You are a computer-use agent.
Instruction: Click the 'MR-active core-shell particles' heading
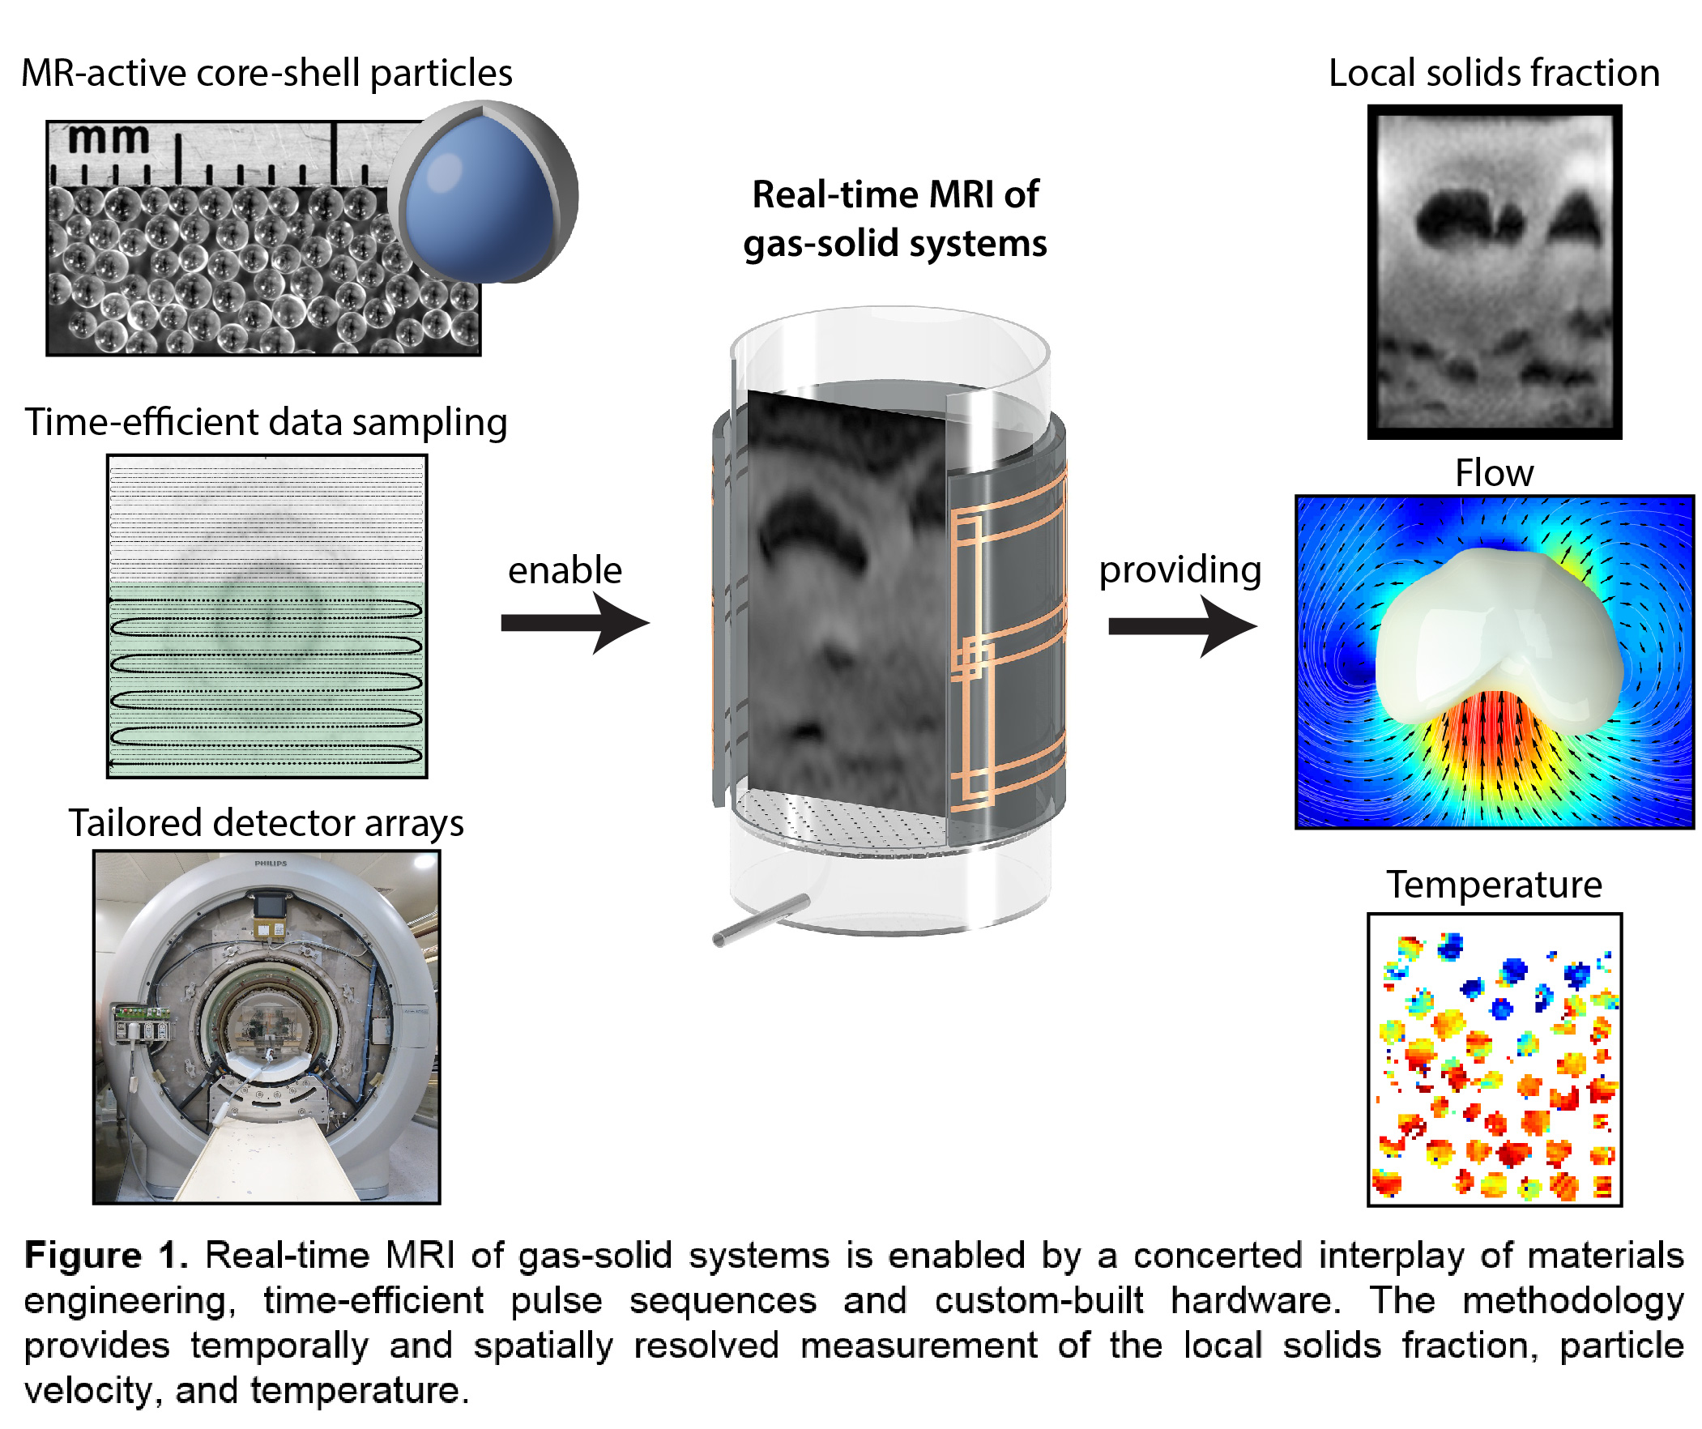point(267,73)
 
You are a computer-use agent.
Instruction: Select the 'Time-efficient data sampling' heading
point(266,422)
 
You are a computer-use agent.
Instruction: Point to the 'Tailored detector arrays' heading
point(266,823)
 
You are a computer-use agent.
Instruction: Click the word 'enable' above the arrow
point(565,569)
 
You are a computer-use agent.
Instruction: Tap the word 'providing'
point(1180,569)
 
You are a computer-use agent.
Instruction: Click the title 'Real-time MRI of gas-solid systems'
point(895,219)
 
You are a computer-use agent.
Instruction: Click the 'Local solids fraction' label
point(1494,73)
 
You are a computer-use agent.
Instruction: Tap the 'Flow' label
point(1494,472)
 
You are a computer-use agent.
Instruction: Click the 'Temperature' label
point(1494,885)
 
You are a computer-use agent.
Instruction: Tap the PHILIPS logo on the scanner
point(271,864)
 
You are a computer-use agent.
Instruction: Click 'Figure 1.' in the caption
point(106,1256)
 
